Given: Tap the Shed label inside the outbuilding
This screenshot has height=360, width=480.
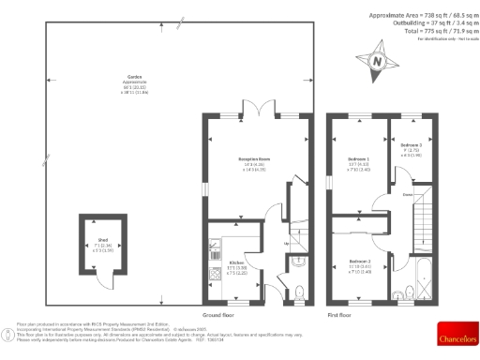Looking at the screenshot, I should pos(103,240).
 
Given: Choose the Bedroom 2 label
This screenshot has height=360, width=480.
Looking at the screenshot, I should pos(361,260).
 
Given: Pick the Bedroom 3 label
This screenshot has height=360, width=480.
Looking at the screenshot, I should pos(412,145).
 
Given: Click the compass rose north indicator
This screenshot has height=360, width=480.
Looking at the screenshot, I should pos(377,62).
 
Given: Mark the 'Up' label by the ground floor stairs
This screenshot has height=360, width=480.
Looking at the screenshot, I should pos(286,246).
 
